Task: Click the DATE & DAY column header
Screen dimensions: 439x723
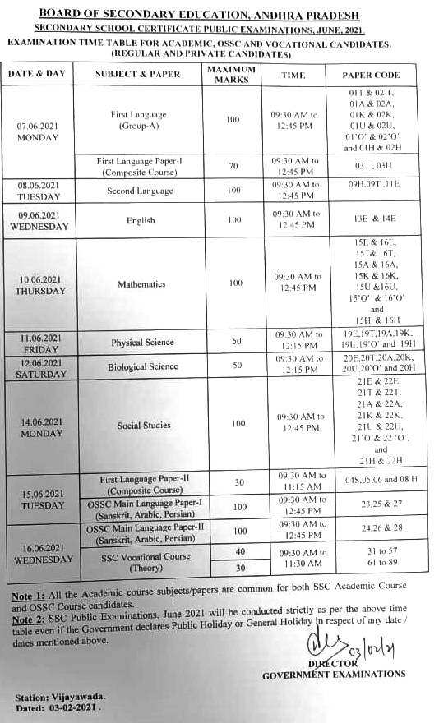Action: tap(36, 75)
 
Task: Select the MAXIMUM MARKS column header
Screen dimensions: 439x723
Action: tap(232, 75)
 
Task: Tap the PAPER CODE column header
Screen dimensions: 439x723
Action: tap(371, 75)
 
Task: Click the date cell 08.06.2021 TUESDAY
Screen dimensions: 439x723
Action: tap(38, 191)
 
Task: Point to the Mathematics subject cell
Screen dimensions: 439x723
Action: tap(141, 284)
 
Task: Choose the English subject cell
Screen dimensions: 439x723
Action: tap(141, 221)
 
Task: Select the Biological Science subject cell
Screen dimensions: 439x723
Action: tap(142, 366)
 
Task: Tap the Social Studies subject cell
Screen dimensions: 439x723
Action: tap(144, 426)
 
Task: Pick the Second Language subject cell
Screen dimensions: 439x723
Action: tap(140, 191)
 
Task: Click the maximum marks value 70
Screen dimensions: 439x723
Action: tap(233, 166)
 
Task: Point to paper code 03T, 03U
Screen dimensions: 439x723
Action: tap(371, 166)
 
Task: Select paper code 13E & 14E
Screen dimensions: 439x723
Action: tap(371, 221)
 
